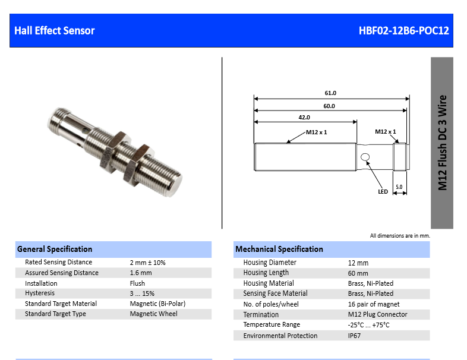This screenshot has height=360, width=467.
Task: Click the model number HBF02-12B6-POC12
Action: click(403, 31)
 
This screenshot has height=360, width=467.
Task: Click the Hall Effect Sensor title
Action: click(55, 31)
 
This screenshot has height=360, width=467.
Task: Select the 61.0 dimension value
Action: click(330, 93)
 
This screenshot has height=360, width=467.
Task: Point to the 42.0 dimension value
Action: click(304, 118)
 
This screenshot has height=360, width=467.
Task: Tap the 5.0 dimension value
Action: click(399, 187)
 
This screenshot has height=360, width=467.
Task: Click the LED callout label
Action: click(383, 192)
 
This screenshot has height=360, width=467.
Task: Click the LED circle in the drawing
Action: click(365, 157)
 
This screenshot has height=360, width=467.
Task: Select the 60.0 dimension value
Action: click(329, 106)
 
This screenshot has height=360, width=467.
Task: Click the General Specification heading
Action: click(55, 250)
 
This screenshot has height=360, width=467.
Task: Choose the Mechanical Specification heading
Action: click(279, 250)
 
